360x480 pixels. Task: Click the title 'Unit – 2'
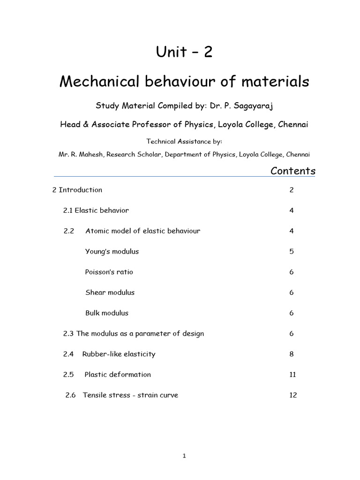tap(184, 52)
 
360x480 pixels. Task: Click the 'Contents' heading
tap(293, 171)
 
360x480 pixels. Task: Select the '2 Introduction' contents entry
tap(77, 190)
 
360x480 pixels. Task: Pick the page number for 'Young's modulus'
tap(292, 251)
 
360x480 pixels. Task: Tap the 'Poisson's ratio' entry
tap(109, 272)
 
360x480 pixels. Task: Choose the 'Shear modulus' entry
tap(110, 292)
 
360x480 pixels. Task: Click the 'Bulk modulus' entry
tap(106, 313)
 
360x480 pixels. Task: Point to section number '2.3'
tap(68, 334)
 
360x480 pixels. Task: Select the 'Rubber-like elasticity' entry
tap(119, 354)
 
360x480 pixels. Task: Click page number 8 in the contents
tap(292, 354)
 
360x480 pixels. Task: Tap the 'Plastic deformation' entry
tap(118, 375)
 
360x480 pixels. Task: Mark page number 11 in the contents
tap(293, 375)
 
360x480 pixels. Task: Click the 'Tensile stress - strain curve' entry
tap(130, 395)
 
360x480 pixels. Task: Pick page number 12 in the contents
tap(293, 395)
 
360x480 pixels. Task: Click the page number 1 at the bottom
tap(184, 457)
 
